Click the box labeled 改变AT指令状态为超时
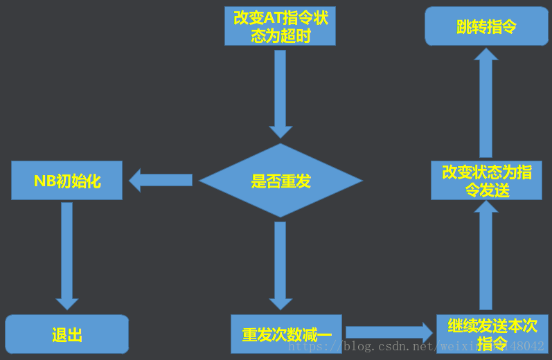click(x=280, y=26)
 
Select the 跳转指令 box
click(x=486, y=26)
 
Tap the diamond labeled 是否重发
click(x=281, y=181)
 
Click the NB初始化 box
click(x=67, y=181)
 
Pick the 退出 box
click(x=67, y=335)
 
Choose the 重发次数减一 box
click(x=286, y=335)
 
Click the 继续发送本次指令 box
click(x=492, y=335)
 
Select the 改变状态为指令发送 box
click(x=486, y=181)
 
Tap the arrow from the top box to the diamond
click(x=281, y=94)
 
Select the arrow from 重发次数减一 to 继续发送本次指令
click(x=389, y=332)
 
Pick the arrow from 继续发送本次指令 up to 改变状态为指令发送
click(x=486, y=256)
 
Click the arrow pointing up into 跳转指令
click(x=486, y=103)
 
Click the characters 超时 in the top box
click(x=296, y=35)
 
